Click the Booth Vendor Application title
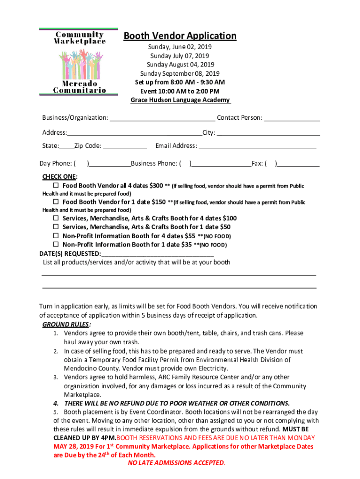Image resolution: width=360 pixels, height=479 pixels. [x=180, y=36]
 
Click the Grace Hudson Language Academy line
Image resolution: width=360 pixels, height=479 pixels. [x=180, y=100]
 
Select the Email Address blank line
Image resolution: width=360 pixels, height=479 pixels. [x=258, y=146]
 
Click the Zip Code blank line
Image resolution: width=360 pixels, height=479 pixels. [x=124, y=146]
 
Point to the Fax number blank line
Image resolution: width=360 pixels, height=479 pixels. [x=299, y=164]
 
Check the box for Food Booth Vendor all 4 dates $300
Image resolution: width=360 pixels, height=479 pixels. [x=56, y=186]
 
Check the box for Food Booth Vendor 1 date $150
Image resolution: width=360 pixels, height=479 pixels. [x=56, y=202]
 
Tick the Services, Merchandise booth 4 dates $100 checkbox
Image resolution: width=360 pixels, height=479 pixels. [x=56, y=218]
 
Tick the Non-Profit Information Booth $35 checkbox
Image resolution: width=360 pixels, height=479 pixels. [x=56, y=245]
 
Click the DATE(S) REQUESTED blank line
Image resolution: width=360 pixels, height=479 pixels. [x=158, y=254]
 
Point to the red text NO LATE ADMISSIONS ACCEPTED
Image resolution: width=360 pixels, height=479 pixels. [x=176, y=463]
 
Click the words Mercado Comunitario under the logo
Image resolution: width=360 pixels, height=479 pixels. [x=79, y=87]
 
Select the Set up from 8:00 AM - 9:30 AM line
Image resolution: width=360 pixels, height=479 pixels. [x=180, y=82]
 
